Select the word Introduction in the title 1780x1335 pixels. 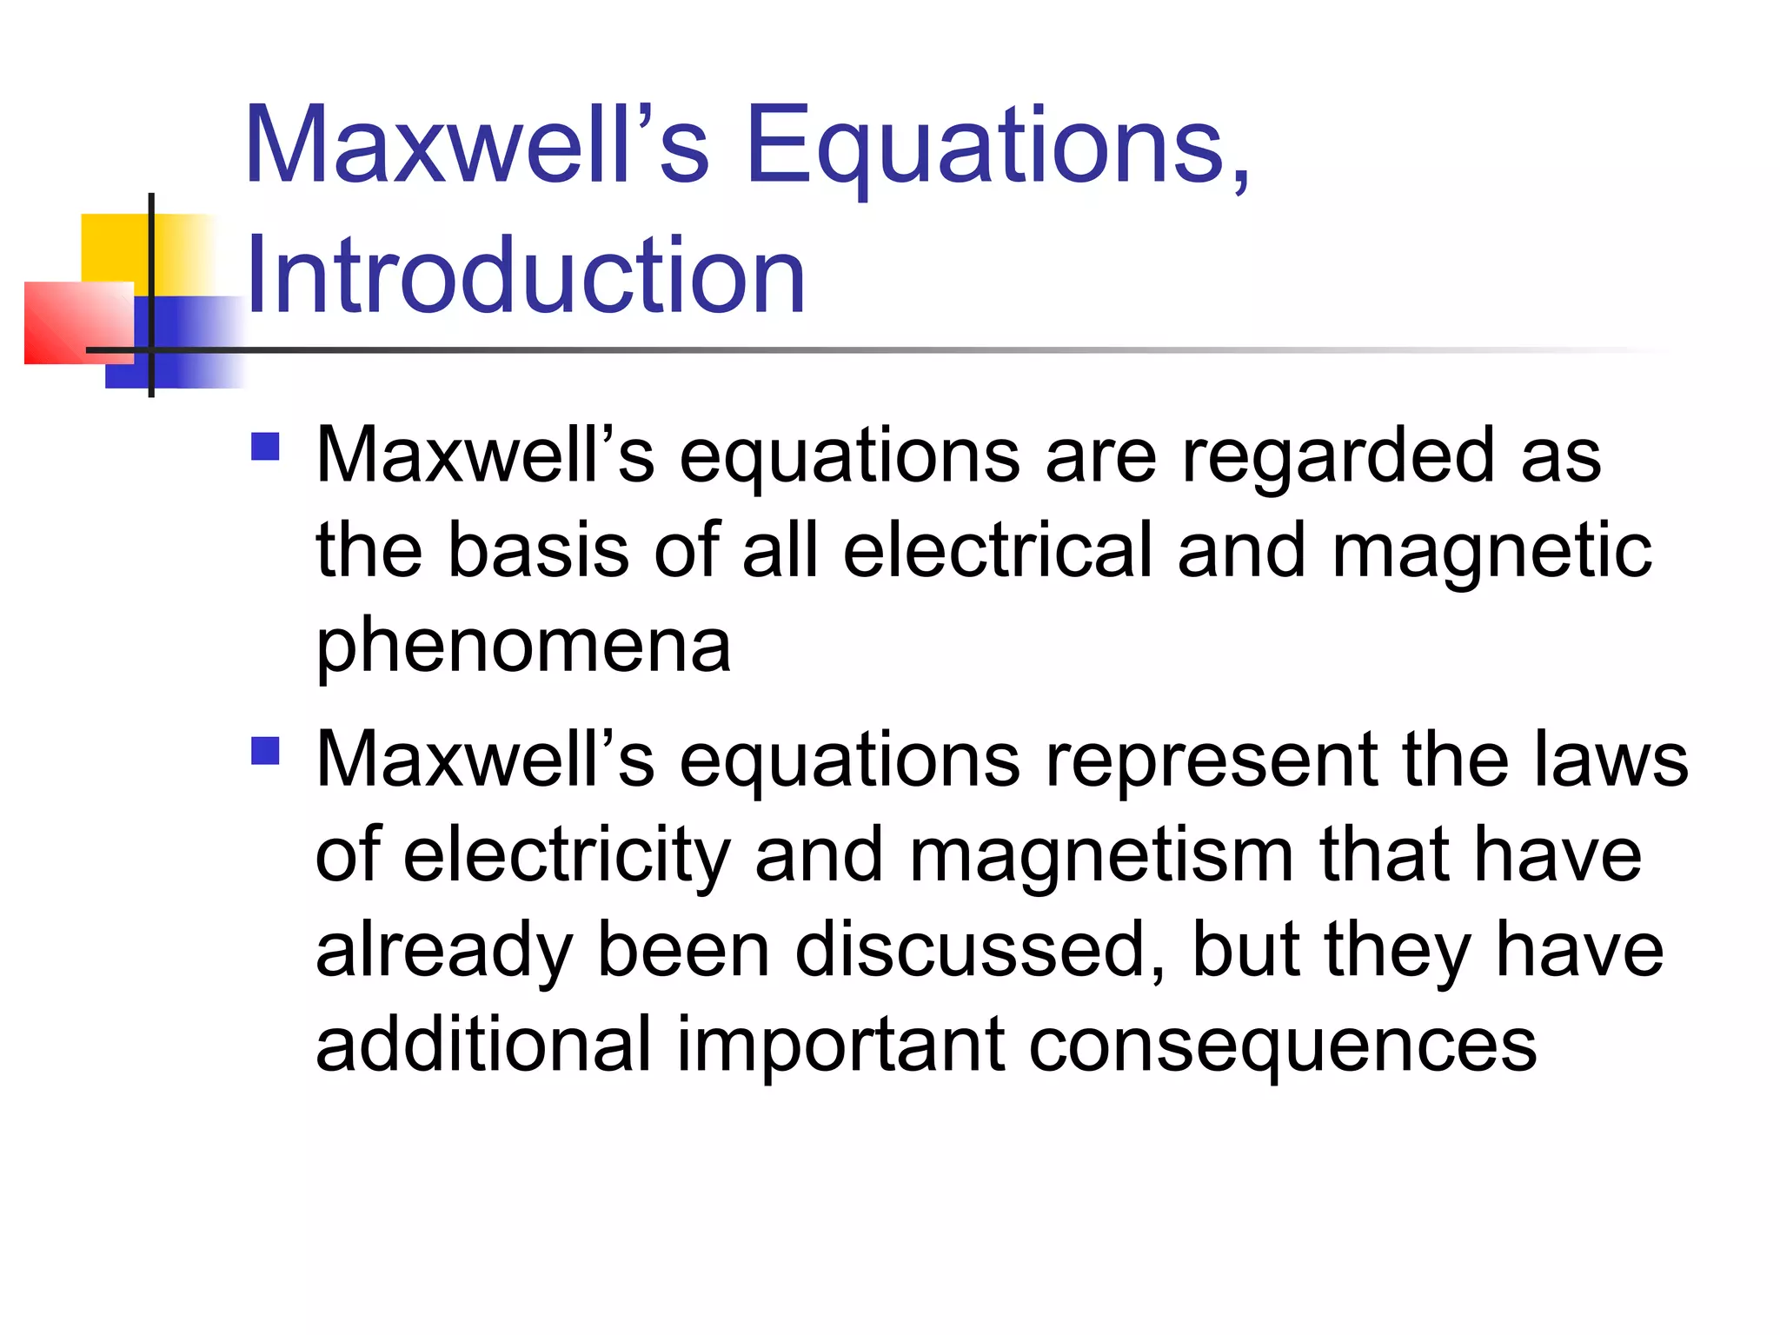pos(526,276)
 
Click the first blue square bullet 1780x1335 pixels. pos(265,447)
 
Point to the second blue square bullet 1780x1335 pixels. pos(265,750)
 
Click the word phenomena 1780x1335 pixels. pos(523,648)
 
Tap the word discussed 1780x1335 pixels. pos(980,951)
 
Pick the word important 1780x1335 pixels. pos(840,1046)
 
